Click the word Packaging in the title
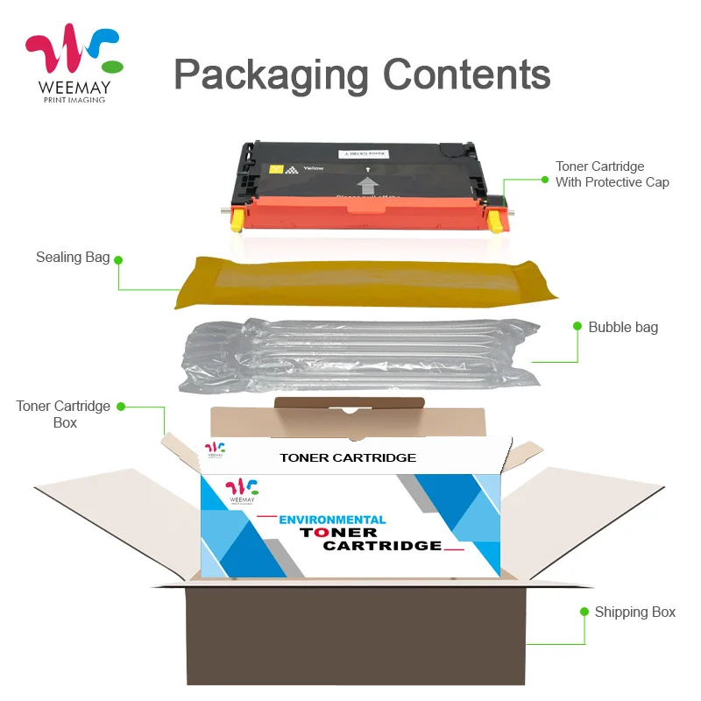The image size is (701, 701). (x=273, y=75)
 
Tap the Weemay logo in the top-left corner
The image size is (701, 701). (x=74, y=66)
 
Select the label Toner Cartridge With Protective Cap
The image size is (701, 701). (x=612, y=174)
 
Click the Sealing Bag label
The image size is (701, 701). (x=73, y=258)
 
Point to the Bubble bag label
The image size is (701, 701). (x=623, y=327)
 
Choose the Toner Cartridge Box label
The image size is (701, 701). (x=64, y=414)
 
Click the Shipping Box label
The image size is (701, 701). (x=635, y=612)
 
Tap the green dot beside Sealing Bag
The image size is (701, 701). (x=119, y=258)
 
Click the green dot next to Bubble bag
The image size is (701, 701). (x=577, y=326)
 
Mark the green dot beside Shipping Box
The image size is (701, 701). (x=584, y=611)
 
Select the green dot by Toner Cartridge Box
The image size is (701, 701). (x=122, y=407)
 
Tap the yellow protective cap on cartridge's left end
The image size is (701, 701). (x=236, y=220)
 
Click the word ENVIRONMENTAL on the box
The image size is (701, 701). (x=332, y=520)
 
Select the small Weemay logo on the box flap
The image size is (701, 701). (x=215, y=450)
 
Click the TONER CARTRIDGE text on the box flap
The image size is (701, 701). (x=348, y=457)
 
